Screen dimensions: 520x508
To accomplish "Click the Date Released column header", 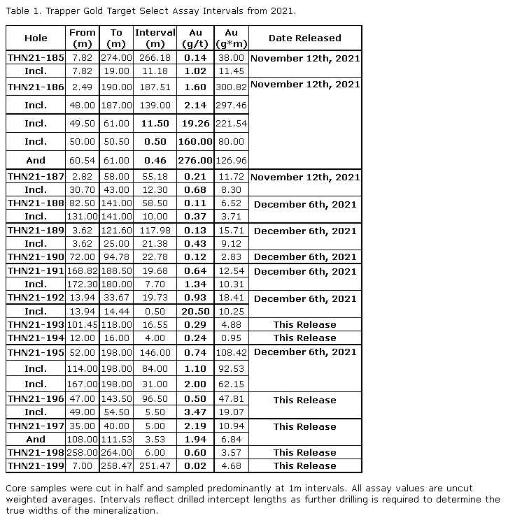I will point(304,38).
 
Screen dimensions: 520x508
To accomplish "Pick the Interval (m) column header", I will point(155,38).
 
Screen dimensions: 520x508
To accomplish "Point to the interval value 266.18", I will point(155,58).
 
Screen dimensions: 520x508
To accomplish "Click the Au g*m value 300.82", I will point(231,87).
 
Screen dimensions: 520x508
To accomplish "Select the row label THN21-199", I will point(36,466).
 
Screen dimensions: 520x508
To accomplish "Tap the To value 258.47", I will point(116,466).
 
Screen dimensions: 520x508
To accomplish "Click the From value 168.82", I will point(82,271).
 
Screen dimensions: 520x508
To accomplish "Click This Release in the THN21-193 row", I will point(304,325).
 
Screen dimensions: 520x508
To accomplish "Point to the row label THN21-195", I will point(36,352).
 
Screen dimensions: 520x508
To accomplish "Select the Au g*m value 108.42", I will point(231,352).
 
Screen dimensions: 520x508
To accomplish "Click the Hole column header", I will point(36,38).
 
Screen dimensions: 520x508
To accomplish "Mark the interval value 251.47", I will point(155,466).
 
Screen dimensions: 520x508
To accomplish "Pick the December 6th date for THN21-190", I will point(304,257).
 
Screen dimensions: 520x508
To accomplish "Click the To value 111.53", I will point(116,440).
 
